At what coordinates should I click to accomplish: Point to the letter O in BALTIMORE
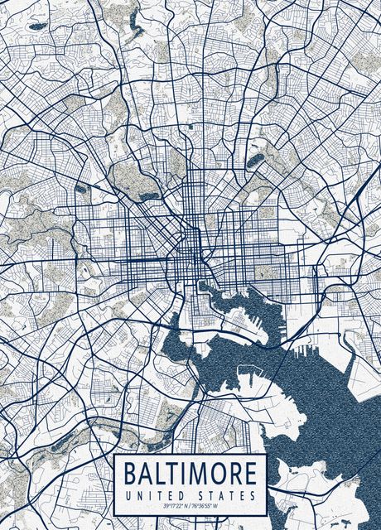click(x=219, y=475)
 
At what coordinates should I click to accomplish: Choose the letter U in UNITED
click(x=127, y=494)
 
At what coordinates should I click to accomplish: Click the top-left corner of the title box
click(x=114, y=455)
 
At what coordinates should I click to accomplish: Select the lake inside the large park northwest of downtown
click(x=148, y=196)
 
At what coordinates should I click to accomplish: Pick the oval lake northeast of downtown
click(x=254, y=161)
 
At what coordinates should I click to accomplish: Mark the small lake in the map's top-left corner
click(x=37, y=26)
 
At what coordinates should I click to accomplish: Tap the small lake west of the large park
click(x=81, y=189)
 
